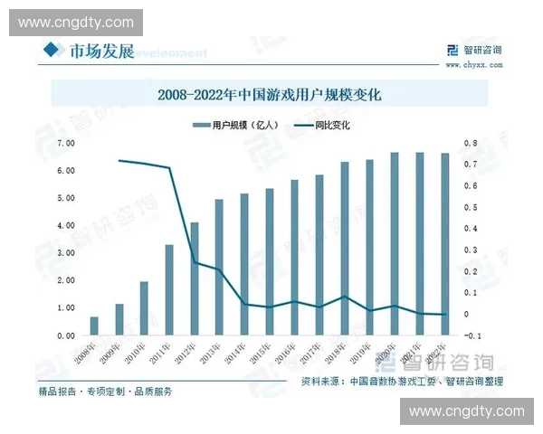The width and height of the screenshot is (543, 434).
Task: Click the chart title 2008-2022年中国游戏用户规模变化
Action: tap(271, 93)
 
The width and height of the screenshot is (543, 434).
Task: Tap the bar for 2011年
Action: tap(169, 290)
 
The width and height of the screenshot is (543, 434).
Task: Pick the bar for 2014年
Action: tap(244, 264)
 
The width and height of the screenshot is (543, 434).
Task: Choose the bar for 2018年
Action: tap(344, 249)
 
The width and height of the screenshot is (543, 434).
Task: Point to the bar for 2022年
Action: tap(444, 244)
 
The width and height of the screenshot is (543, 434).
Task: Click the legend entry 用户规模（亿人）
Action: tap(239, 126)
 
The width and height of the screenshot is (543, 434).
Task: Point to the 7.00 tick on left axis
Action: tap(65, 143)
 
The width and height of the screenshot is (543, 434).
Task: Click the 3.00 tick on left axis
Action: tap(65, 253)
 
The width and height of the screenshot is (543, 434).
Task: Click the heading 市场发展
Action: tap(101, 51)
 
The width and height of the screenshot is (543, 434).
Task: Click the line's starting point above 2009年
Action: tap(119, 161)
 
